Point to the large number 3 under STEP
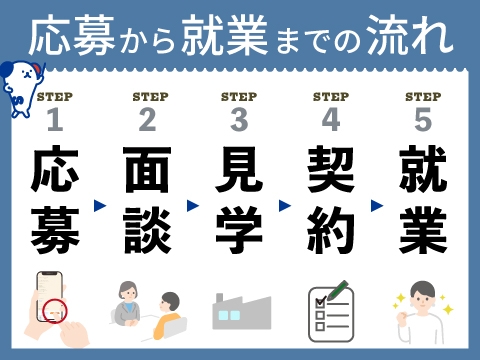tap(239, 121)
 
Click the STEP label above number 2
tap(148, 97)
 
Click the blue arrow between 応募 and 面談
tap(100, 205)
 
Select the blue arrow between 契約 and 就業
tap(377, 205)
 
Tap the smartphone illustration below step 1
tap(52, 305)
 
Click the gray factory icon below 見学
tap(240, 310)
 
